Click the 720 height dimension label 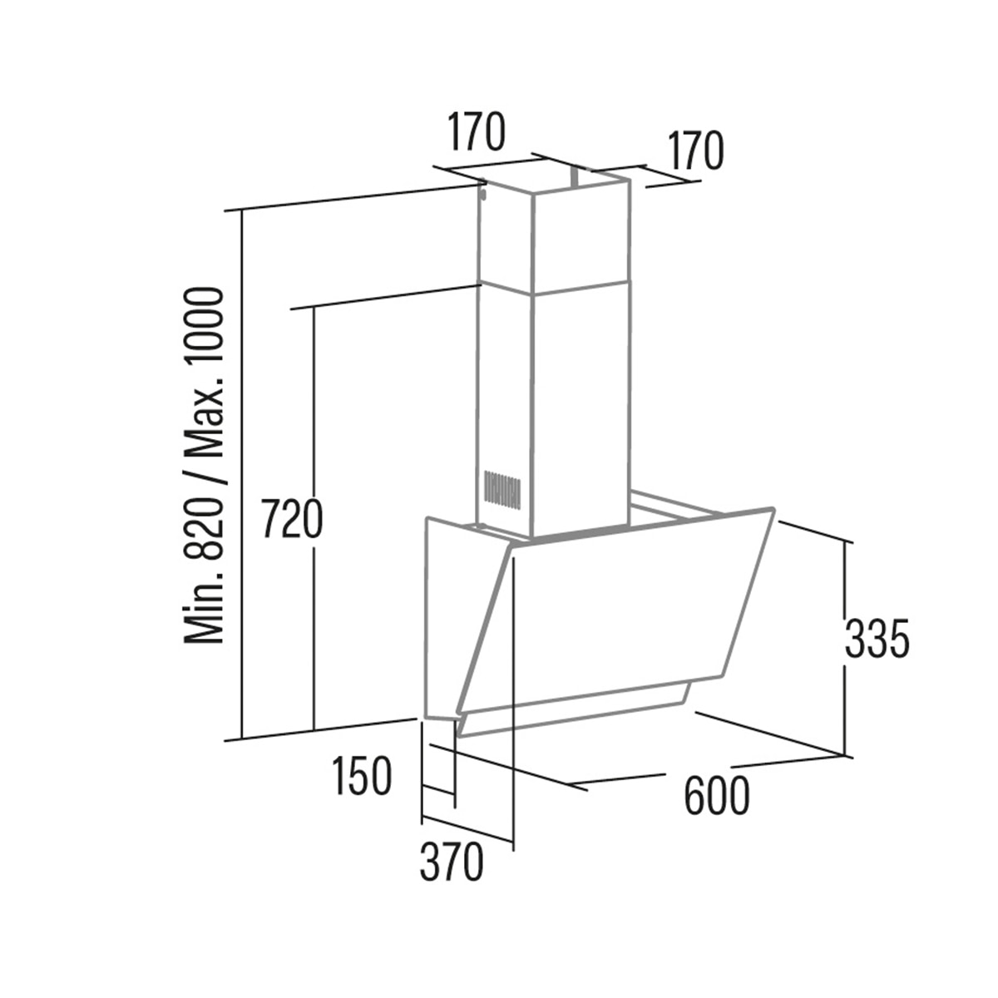tap(292, 518)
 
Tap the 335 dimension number tap(877, 639)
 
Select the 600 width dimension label tap(717, 796)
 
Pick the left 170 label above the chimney tap(475, 131)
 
